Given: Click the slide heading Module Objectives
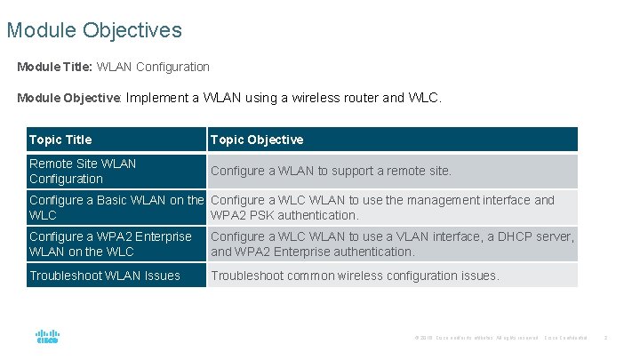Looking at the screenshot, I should click(94, 30).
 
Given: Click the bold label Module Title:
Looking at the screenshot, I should click(54, 67).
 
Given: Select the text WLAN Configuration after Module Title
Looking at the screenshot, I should click(153, 67).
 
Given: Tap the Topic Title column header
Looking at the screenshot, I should click(60, 140).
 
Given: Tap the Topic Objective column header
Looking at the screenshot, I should click(257, 140).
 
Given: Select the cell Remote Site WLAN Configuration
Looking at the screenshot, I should click(83, 171).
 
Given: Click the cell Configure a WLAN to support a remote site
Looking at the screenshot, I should click(331, 171).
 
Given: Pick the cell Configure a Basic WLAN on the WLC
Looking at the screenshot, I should click(116, 207).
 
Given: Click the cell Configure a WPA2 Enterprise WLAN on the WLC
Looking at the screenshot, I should click(110, 244).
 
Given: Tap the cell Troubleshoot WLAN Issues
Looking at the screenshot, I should click(105, 276).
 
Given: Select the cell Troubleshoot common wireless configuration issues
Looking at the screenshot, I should click(355, 276).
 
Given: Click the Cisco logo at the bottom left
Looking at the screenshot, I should click(47, 337).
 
